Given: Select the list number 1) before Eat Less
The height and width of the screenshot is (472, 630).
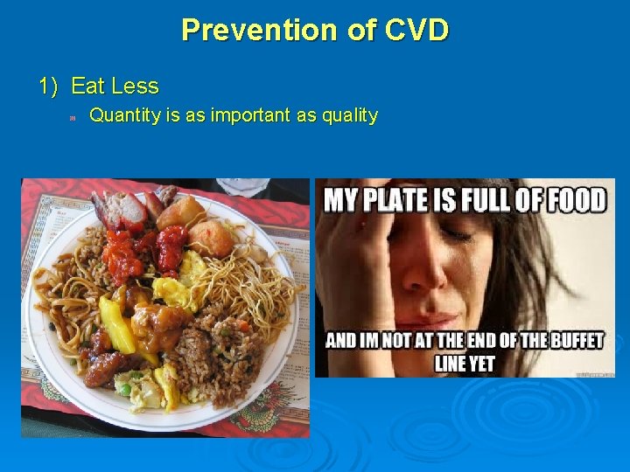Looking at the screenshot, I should [50, 87].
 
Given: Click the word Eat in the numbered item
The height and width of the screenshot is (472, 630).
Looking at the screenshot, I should [87, 87].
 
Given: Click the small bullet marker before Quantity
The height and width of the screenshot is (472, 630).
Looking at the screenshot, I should [74, 116].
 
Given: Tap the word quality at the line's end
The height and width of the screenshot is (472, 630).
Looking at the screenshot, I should [349, 115].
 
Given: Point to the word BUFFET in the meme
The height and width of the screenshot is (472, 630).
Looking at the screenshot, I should [549, 340].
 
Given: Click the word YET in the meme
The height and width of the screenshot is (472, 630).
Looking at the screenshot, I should [480, 363].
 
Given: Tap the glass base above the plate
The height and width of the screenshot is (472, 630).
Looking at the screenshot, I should [241, 185].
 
